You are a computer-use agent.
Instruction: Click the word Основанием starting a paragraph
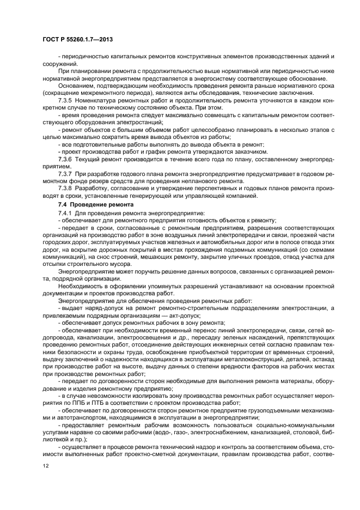(75, 86)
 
